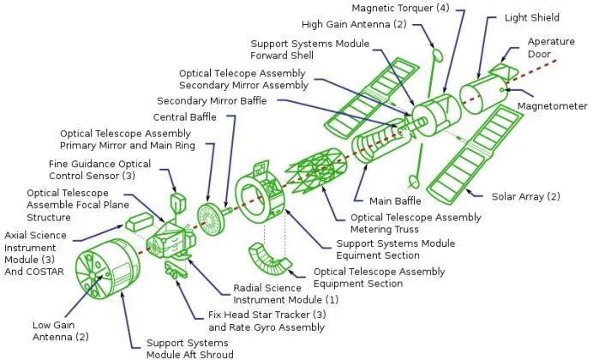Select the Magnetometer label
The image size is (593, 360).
click(548, 106)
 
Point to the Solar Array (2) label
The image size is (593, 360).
click(525, 196)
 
